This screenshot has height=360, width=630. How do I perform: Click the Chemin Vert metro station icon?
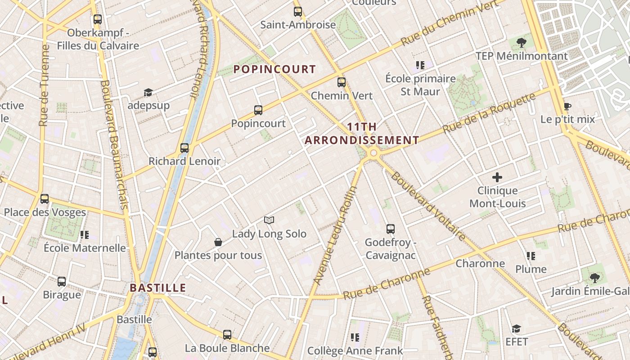pos(342,82)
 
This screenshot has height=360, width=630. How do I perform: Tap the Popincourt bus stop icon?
pos(258,110)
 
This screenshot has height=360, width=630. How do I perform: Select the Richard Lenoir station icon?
pos(184,148)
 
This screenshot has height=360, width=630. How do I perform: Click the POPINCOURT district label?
pos(274,69)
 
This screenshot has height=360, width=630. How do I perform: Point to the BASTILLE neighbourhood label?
pos(158,288)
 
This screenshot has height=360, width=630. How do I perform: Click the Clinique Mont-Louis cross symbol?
pos(497,177)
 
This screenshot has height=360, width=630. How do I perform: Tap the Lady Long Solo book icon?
pos(269,220)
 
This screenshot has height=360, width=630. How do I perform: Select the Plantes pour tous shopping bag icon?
pos(218,242)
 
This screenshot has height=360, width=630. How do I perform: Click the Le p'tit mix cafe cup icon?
pos(567,107)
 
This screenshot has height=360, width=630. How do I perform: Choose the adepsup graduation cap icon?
pos(148,93)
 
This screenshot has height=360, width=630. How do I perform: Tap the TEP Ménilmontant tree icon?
pos(522,43)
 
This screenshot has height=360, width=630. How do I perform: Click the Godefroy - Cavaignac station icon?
pos(391,229)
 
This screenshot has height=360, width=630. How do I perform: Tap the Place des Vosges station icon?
pos(45,199)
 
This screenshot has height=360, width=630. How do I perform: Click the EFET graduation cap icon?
pos(516,329)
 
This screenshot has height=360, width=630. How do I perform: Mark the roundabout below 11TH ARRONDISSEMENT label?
pos(373,154)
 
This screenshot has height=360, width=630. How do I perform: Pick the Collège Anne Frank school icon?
pos(355,337)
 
